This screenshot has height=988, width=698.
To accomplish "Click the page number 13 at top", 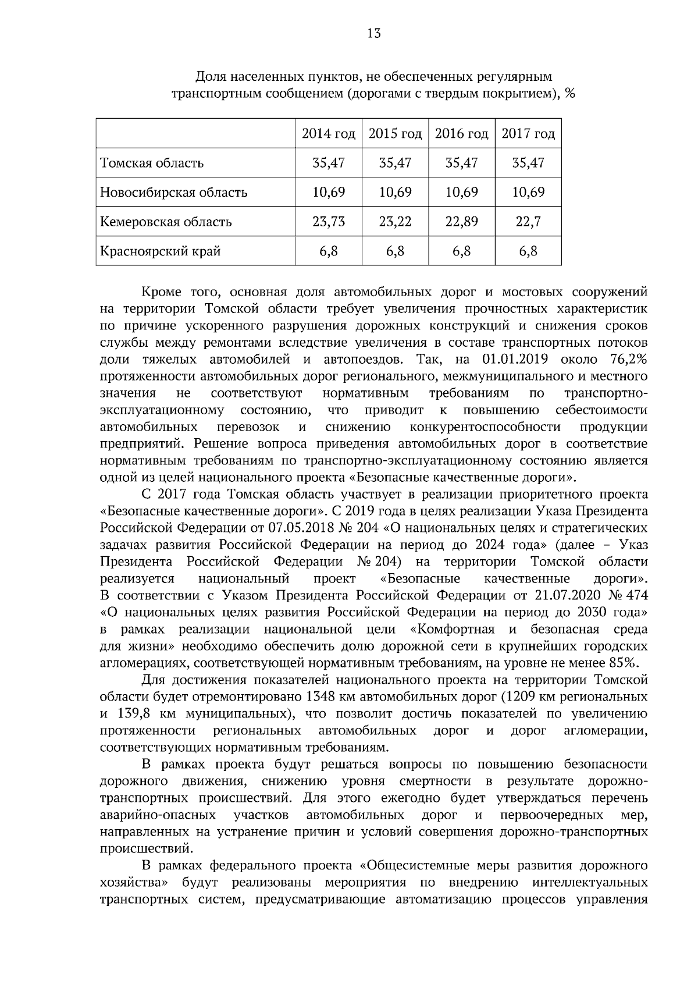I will pos(374,34).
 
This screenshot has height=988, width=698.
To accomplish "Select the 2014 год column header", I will pos(329,134).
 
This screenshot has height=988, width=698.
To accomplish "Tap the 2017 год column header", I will pos(528,134).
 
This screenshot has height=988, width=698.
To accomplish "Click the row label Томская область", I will pos(152,163).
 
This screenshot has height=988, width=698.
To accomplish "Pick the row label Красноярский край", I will pos(161,251).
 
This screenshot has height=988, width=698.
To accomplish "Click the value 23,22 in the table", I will pos(395,222).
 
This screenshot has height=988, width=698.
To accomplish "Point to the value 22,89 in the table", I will pos(461,222).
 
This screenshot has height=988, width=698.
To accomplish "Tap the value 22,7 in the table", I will pos(528,222).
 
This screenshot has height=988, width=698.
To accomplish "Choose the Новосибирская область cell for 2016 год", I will pos(461,192).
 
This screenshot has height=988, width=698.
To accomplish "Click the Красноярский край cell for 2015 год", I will pos(395,251).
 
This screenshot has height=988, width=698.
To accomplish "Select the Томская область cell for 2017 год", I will pos(528,163).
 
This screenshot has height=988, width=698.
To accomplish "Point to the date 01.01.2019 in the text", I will pos(512,359).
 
